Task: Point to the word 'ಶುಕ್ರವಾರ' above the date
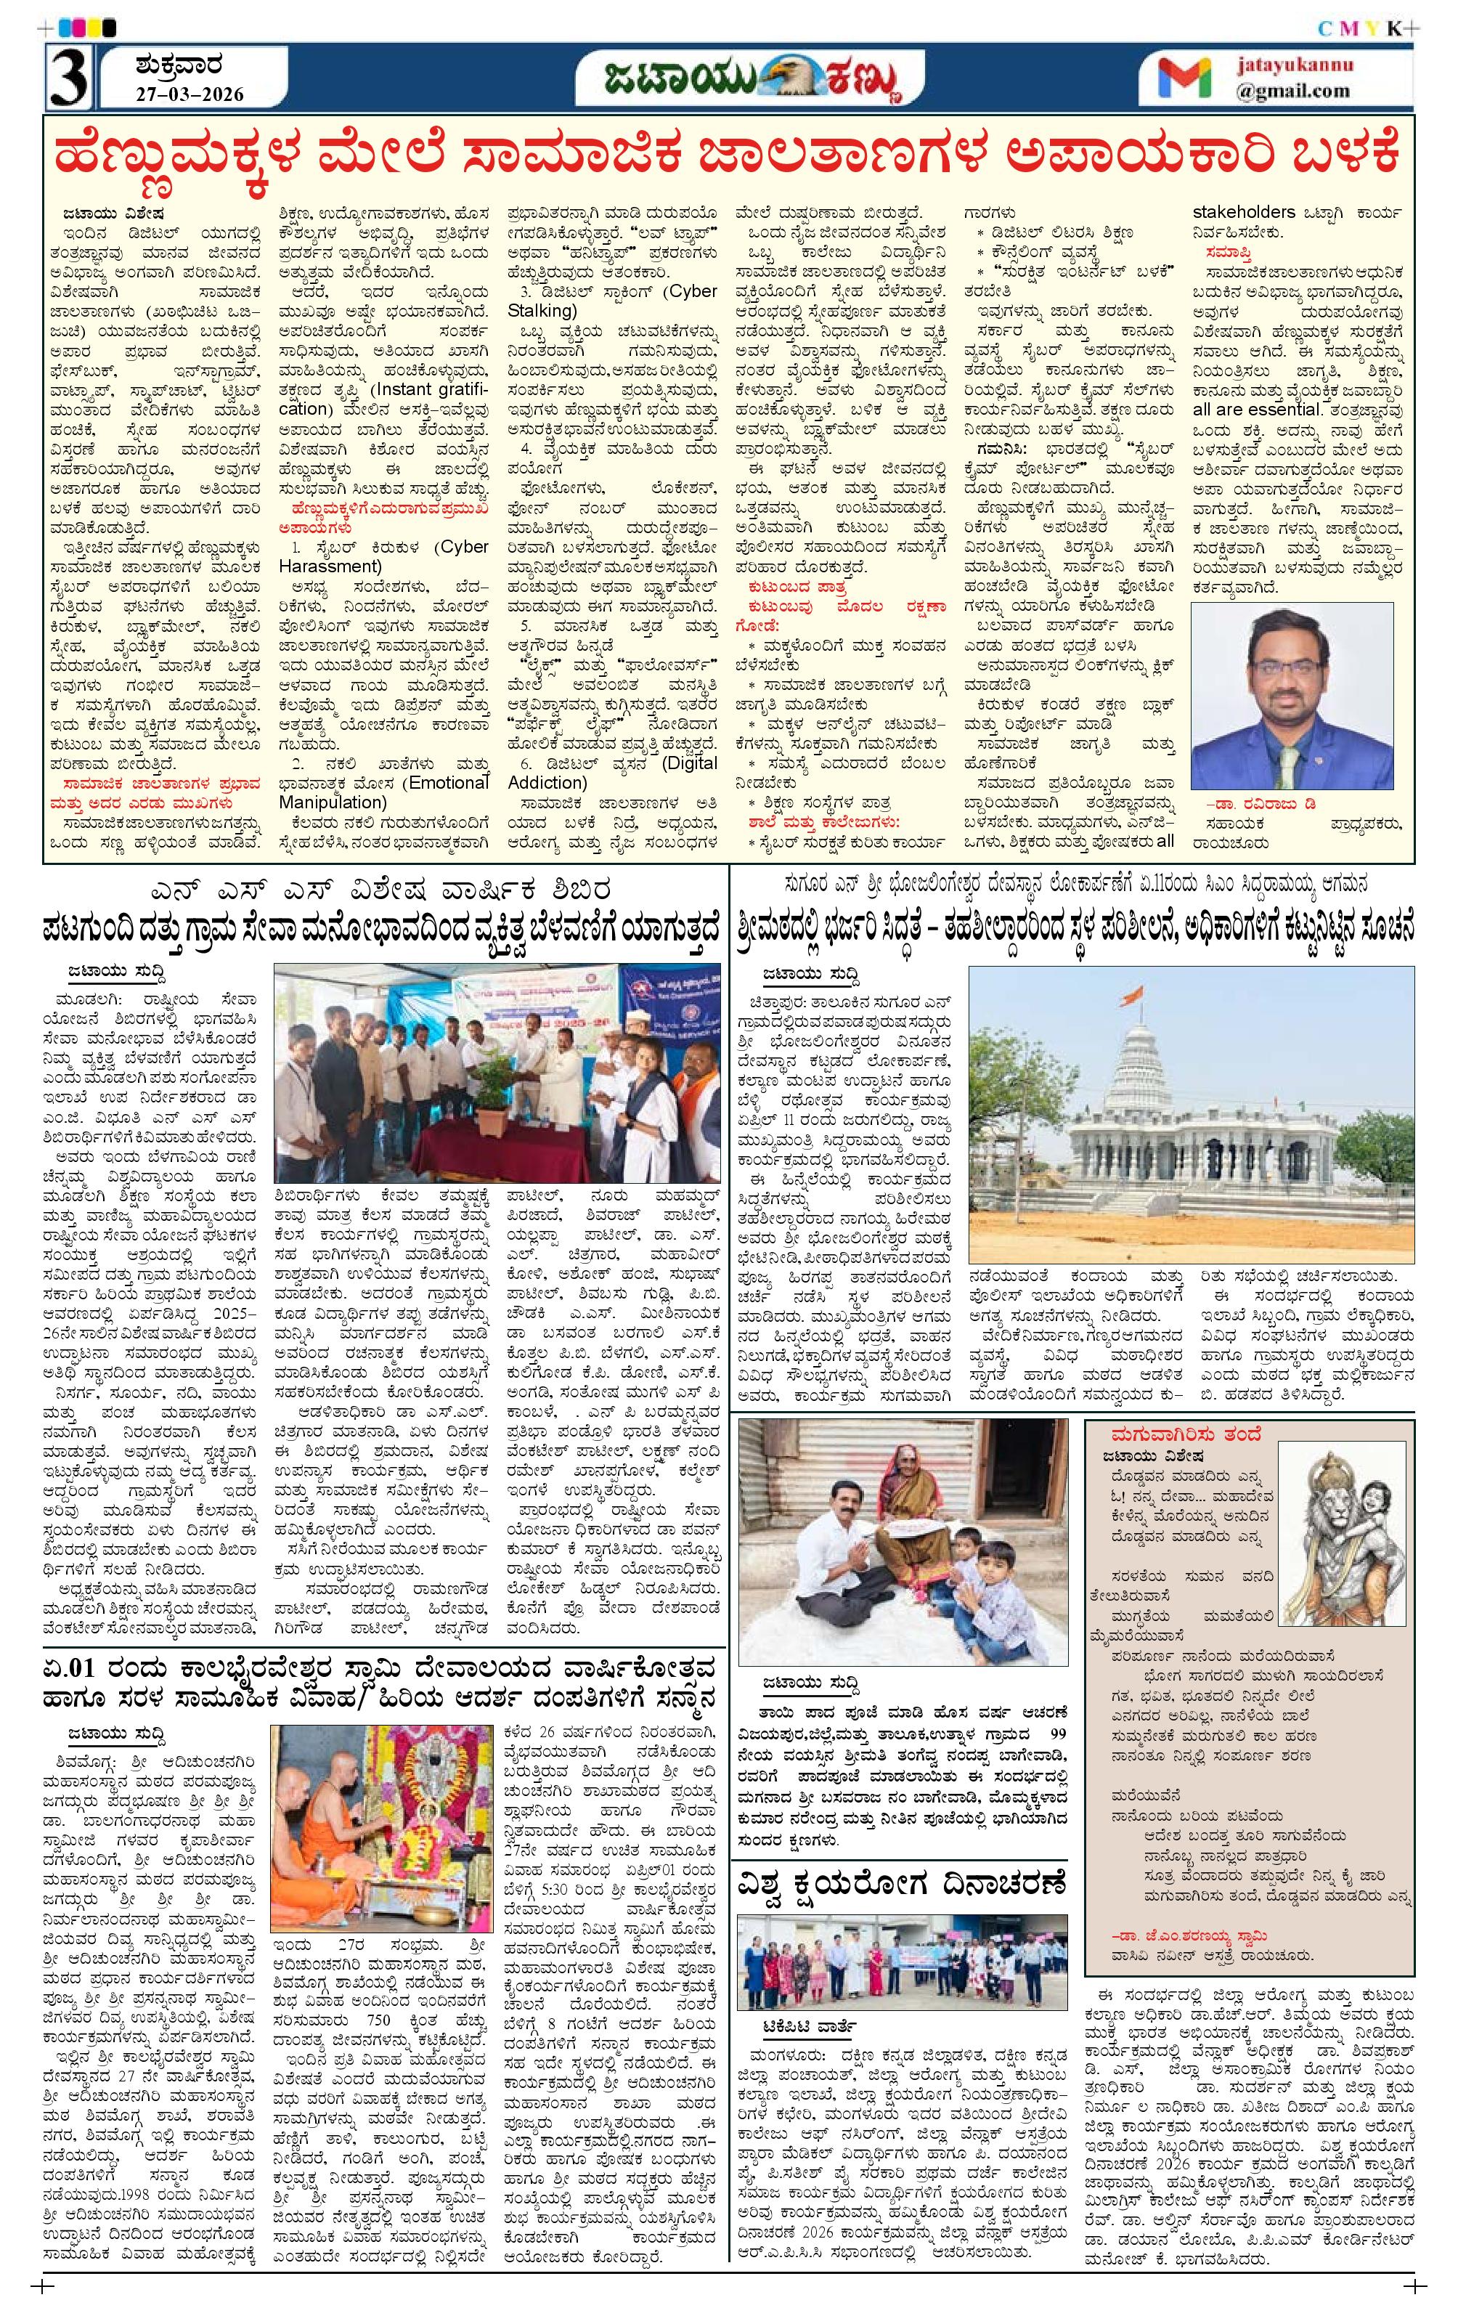tap(179, 68)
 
